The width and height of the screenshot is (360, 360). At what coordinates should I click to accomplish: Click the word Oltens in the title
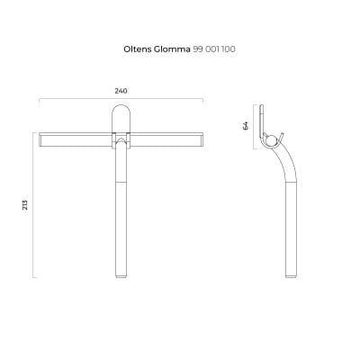(138, 49)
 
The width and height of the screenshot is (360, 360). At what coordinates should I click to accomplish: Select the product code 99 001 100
(214, 49)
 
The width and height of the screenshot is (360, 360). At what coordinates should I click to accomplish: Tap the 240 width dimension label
(121, 91)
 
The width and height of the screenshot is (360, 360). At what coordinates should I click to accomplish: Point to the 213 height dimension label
(25, 204)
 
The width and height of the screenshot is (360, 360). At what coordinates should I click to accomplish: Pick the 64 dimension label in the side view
(246, 126)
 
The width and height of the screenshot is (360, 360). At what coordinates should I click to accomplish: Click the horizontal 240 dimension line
(121, 98)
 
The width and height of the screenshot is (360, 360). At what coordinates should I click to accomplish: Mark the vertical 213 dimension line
(33, 205)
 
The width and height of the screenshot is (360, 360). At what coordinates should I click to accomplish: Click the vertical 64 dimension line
(255, 127)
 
